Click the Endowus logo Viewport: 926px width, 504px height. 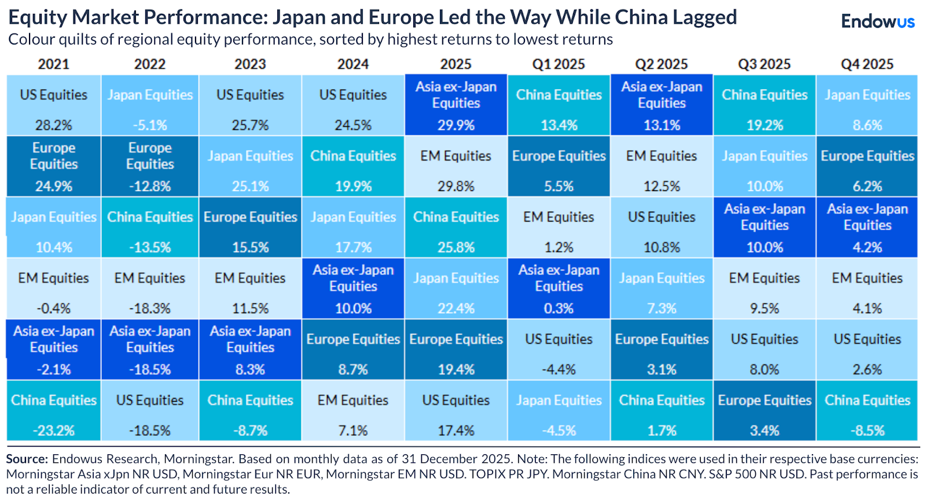tap(877, 21)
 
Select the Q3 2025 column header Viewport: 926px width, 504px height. tap(764, 64)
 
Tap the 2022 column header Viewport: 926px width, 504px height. tap(150, 64)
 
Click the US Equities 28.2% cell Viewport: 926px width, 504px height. tap(54, 105)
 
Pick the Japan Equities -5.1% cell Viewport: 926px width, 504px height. tap(150, 105)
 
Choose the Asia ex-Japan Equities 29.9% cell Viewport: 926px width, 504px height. tap(456, 105)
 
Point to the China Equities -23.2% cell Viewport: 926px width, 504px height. tap(54, 411)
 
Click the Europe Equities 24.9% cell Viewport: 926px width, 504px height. tap(54, 166)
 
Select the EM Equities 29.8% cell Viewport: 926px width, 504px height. tap(456, 166)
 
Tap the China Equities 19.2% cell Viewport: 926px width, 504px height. tap(764, 105)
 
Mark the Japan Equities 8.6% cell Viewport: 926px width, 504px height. tap(867, 105)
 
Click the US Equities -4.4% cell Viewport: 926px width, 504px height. tap(558, 350)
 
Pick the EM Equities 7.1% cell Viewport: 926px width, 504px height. tap(353, 411)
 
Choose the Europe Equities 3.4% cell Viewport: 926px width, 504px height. tap(764, 411)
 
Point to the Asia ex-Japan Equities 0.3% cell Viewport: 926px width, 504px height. tap(558, 288)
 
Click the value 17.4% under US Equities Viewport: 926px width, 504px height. tap(456, 431)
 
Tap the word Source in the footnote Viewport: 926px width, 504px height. tap(27, 459)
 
